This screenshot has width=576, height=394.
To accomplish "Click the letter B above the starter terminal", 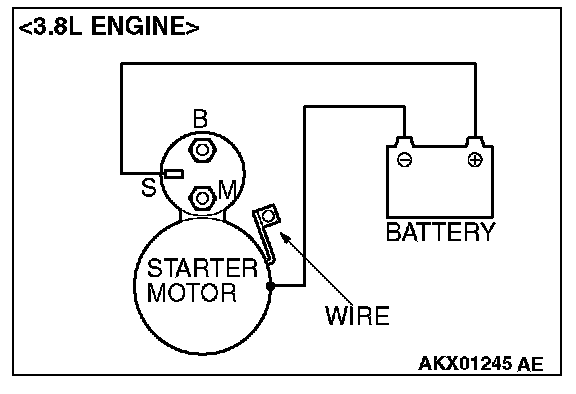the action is tap(200, 119).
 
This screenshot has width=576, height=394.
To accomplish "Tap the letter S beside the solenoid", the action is tap(149, 187).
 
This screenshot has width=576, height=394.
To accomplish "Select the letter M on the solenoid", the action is tap(228, 189).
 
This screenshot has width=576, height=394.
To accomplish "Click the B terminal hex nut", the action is tap(202, 150).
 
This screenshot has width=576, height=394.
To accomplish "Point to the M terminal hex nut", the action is tap(202, 198).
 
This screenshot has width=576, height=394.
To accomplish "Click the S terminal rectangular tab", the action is tap(174, 174).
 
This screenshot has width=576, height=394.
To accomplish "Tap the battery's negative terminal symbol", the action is tap(404, 160).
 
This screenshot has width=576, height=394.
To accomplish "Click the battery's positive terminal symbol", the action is tap(475, 160).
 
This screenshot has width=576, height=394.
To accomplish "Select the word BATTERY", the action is tap(440, 232).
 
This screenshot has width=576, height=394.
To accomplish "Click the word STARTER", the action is tap(202, 268).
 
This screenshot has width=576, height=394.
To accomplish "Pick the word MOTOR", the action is tap(191, 292).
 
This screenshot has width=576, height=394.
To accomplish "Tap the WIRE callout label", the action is tap(357, 316).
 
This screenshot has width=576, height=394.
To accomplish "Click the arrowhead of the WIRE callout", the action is tap(284, 236).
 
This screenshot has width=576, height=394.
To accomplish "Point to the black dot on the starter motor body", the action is tap(270, 286).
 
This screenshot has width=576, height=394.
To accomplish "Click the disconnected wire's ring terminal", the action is tap(269, 216).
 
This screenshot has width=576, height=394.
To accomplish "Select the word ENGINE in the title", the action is tap(145, 26).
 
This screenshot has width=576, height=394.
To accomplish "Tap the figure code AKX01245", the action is tap(465, 364).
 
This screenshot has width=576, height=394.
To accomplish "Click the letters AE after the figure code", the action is tap(530, 364).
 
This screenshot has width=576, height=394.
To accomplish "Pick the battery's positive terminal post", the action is tap(475, 141).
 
